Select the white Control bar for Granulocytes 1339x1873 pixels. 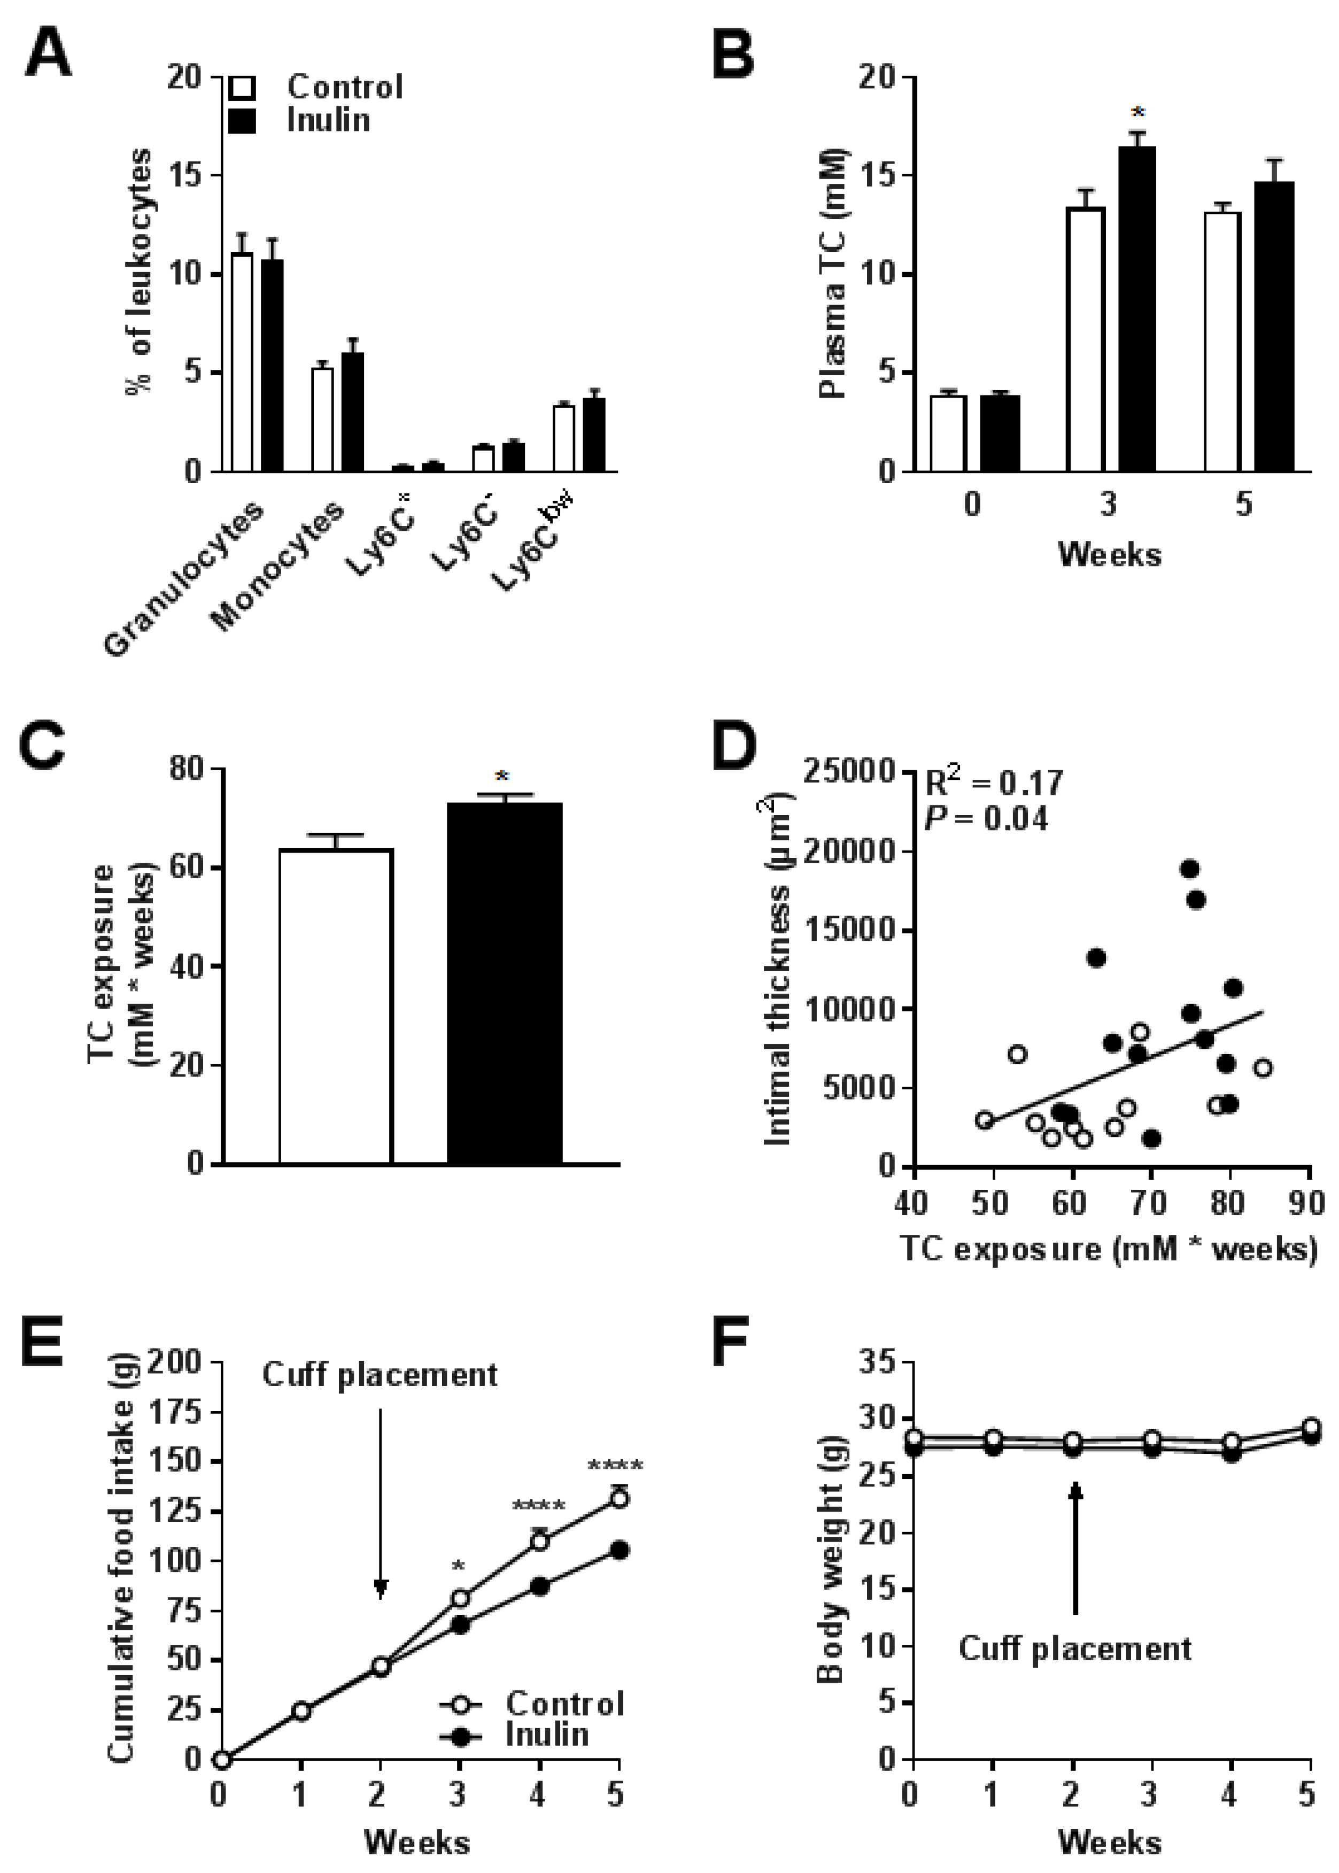(x=242, y=363)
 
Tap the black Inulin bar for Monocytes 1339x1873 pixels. (x=353, y=412)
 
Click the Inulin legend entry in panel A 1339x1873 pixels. (x=327, y=120)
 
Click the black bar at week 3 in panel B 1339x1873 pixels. (x=1136, y=309)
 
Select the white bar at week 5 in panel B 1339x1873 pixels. (x=1222, y=342)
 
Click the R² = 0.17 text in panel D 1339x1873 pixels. (x=994, y=781)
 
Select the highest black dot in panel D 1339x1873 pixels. (x=1189, y=869)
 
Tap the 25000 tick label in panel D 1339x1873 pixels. (x=849, y=772)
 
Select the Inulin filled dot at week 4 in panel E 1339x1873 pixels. (x=539, y=1586)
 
